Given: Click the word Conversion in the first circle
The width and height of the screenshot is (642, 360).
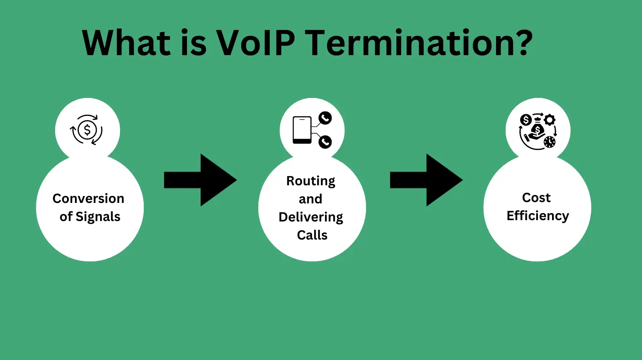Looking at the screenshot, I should [88, 199].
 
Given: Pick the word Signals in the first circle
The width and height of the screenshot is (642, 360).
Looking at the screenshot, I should [98, 217].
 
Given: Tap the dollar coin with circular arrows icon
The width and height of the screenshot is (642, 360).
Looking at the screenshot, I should [87, 130].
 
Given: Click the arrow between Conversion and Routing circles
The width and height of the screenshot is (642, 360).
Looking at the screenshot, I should [201, 180].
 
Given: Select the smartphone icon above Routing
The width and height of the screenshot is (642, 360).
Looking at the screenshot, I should [302, 130].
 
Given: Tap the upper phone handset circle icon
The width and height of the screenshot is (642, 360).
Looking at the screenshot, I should [325, 118].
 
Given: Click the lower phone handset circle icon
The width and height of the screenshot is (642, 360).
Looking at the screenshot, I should [325, 142].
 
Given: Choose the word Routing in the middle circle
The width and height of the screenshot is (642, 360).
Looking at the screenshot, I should [311, 181].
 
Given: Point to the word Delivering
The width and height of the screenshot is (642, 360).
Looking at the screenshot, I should [311, 217].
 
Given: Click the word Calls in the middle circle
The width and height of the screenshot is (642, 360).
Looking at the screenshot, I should [312, 235].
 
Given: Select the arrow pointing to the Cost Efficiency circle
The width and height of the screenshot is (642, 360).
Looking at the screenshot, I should [426, 180].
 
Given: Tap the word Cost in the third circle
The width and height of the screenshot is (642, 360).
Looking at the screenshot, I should [536, 198].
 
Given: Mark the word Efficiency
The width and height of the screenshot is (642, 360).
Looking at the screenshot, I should [537, 216].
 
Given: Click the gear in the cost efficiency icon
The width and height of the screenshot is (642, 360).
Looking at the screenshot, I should [549, 119].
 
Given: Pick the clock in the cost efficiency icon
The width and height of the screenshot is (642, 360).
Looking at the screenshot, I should [549, 142].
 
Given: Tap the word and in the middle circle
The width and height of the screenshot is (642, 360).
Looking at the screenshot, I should [310, 199].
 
